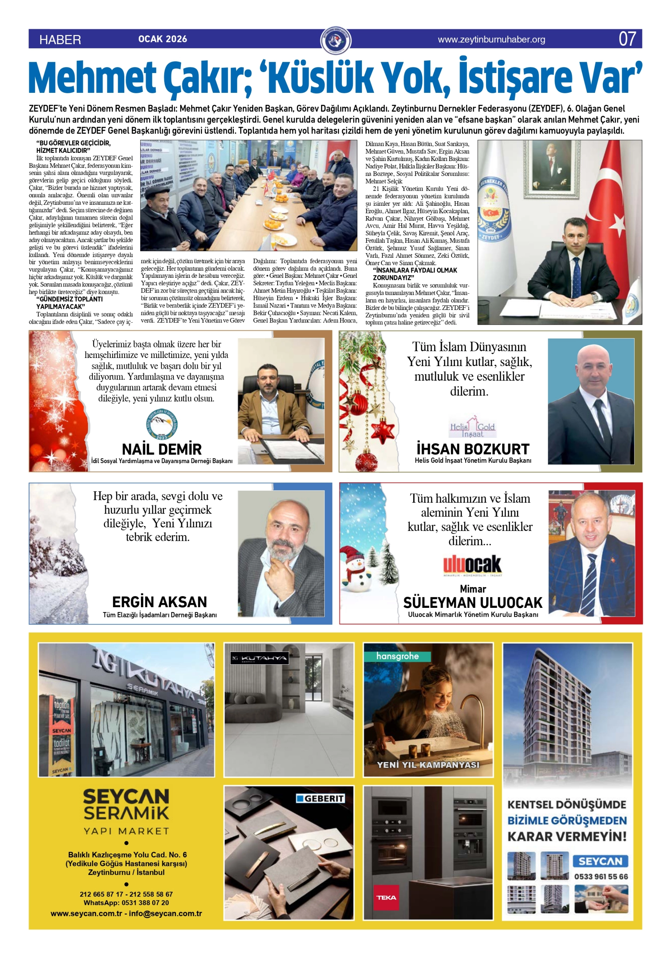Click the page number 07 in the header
tap(627, 39)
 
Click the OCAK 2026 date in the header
tap(162, 39)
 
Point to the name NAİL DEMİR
tap(162, 449)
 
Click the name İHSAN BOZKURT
tap(473, 449)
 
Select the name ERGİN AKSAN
tap(160, 602)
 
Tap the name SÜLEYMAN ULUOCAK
tap(473, 603)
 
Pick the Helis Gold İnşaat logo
tap(472, 427)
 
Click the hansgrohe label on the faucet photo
tap(397, 656)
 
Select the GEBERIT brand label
tap(321, 798)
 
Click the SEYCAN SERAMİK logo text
tap(126, 804)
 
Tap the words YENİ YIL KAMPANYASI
tap(428, 765)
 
